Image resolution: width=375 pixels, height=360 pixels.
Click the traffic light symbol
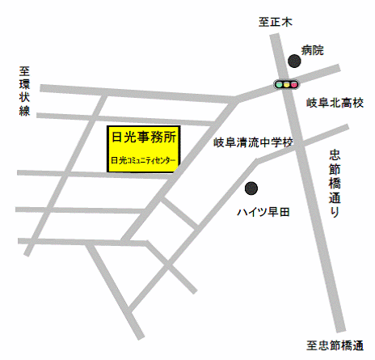[x=287, y=83]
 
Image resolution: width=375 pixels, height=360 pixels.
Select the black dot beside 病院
[x=294, y=61]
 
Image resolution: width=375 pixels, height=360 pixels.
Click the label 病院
[x=312, y=50]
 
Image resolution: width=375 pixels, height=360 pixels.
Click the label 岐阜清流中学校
[x=254, y=143]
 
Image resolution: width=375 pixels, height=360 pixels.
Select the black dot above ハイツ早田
[x=252, y=188]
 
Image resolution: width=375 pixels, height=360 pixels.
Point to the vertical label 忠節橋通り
[x=335, y=183]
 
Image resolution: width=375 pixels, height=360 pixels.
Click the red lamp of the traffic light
[x=295, y=83]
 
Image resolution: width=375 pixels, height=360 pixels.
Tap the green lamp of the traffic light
[x=280, y=83]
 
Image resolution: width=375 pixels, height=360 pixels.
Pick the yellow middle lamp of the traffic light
[x=287, y=83]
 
